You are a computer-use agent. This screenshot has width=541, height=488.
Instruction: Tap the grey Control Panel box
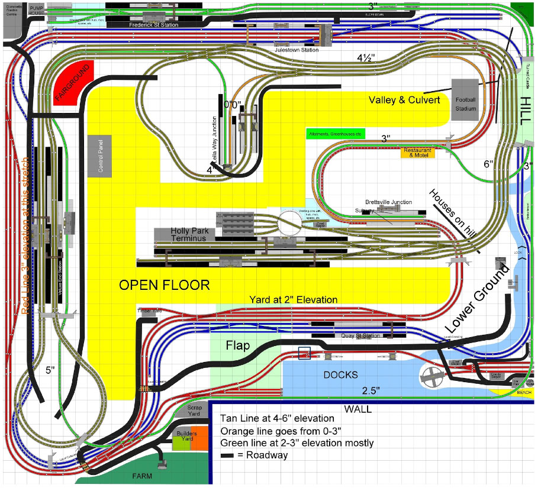[104, 156]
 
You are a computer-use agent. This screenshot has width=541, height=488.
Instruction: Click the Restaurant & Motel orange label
[418, 152]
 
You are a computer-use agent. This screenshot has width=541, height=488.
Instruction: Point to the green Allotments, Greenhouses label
[336, 134]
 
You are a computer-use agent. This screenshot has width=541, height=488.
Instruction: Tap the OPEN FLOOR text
[165, 285]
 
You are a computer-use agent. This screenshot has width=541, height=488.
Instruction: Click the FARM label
[142, 476]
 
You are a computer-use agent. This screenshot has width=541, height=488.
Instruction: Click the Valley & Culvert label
[404, 101]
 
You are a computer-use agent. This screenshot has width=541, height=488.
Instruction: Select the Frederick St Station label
[154, 25]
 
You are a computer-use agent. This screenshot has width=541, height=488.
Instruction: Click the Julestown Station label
[297, 50]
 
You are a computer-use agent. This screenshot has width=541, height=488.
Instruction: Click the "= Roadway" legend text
[258, 455]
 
